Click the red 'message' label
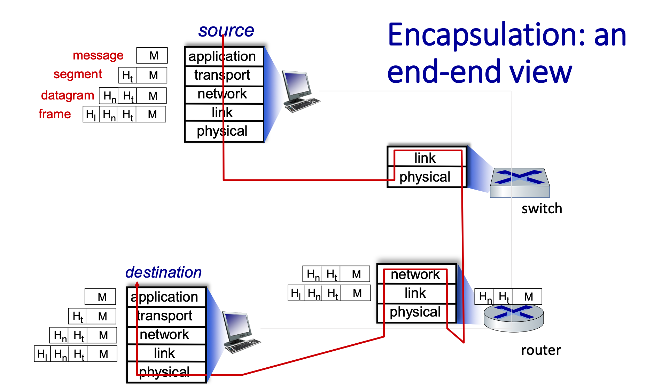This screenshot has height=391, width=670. click(98, 55)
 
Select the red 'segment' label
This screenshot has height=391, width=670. click(78, 74)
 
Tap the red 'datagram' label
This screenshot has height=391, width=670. click(68, 95)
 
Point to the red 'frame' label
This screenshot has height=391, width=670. click(55, 114)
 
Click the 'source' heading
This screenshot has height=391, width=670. click(226, 31)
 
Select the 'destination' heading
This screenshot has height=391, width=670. click(163, 272)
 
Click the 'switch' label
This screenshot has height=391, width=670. click(542, 209)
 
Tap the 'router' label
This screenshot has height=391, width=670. click(541, 350)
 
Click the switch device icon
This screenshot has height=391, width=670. click(520, 183)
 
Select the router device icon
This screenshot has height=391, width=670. click(513, 318)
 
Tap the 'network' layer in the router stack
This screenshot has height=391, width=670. click(416, 274)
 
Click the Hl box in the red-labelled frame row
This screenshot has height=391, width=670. click(91, 114)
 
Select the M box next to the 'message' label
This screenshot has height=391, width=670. click(152, 55)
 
